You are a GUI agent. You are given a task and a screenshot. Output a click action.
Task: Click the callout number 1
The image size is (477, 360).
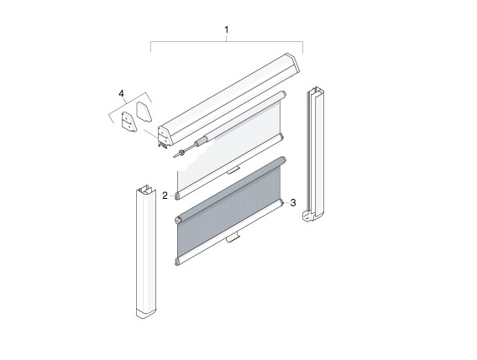pos(226,30)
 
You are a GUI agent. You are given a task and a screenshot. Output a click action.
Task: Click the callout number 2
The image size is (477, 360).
pos(165,195)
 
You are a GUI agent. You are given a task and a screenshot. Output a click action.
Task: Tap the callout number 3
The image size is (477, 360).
pos(292,202)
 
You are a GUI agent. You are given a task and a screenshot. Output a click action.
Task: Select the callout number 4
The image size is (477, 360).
pos(122,92)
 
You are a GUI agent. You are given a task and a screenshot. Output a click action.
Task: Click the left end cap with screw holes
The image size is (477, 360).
pos(129,122)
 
